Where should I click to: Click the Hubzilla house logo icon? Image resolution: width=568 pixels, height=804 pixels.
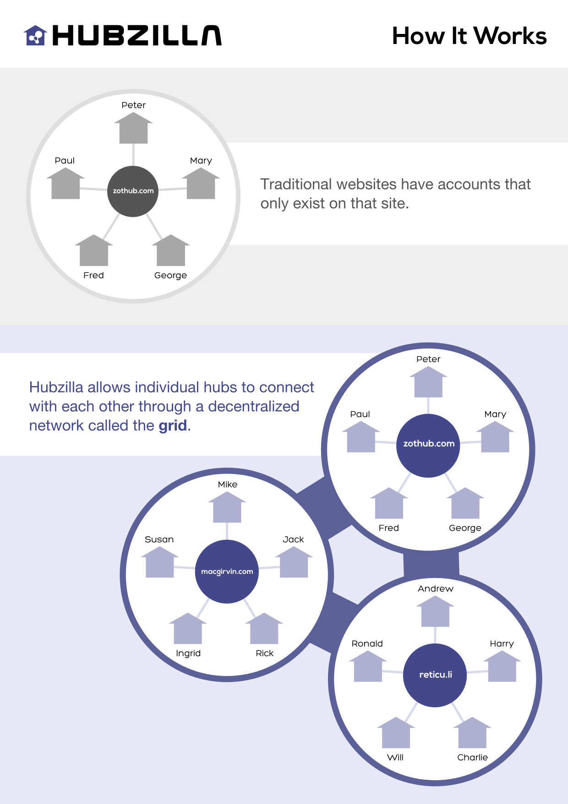click(x=35, y=35)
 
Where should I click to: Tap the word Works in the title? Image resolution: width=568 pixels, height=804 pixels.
click(x=510, y=36)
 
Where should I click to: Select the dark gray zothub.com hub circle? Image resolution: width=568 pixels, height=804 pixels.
click(x=133, y=191)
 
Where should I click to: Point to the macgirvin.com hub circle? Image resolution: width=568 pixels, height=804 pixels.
click(x=227, y=572)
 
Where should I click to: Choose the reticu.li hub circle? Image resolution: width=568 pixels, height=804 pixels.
click(x=435, y=675)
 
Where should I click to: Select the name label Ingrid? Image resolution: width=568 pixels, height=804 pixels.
click(x=188, y=653)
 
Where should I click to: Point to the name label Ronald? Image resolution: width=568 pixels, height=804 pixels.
click(x=367, y=644)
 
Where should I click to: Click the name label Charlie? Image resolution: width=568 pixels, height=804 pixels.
click(x=472, y=757)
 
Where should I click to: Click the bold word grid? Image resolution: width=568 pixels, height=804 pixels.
click(x=173, y=426)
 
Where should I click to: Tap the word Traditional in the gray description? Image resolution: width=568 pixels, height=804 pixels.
click(x=296, y=184)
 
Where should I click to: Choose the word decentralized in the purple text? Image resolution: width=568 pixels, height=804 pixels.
click(x=253, y=407)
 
